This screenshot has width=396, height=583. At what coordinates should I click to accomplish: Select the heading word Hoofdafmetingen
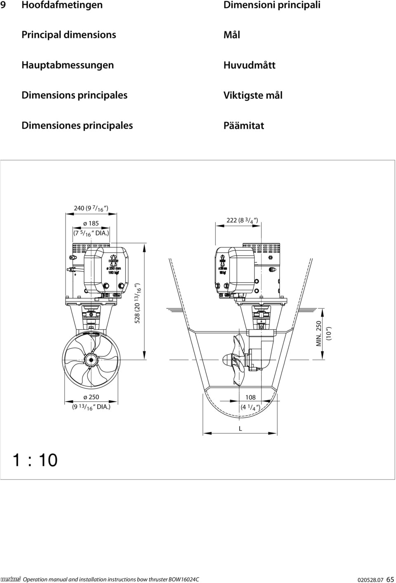(x=62, y=5)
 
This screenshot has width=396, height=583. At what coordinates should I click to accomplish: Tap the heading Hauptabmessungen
(x=68, y=65)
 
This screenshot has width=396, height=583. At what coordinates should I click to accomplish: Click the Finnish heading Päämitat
(x=243, y=126)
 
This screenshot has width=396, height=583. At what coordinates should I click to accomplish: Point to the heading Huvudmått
(x=249, y=65)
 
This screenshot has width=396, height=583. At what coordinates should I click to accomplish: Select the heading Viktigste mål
(x=253, y=95)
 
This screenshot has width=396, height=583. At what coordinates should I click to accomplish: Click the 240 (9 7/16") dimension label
(x=91, y=208)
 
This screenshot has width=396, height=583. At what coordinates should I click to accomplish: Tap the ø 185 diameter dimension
(x=91, y=224)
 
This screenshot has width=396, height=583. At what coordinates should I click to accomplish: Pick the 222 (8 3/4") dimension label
(x=243, y=220)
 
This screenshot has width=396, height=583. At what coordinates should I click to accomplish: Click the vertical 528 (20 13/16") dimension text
(x=138, y=303)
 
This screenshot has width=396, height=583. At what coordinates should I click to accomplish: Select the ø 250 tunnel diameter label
(x=91, y=397)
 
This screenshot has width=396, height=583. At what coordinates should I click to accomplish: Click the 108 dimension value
(x=250, y=398)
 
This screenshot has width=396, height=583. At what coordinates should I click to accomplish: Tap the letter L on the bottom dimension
(x=240, y=428)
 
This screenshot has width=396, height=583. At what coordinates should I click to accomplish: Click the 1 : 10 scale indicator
(x=35, y=460)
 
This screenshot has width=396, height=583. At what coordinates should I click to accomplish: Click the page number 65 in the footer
(x=390, y=579)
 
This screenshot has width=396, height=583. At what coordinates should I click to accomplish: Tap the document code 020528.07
(x=370, y=579)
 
